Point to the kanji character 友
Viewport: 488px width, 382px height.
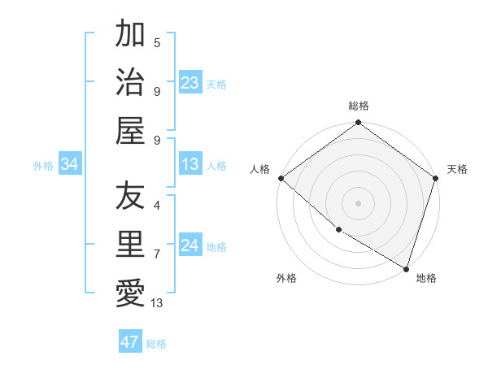pos(130,195)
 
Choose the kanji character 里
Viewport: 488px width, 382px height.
pos(130,244)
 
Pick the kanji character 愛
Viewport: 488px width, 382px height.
pos(130,293)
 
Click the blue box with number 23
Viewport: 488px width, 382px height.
pos(190,82)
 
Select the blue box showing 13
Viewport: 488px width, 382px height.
pos(190,165)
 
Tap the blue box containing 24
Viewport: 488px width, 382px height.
pos(190,246)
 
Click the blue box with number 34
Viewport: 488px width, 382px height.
pos(70,165)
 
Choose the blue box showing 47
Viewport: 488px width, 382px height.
pos(130,342)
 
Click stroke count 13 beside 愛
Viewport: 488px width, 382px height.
pos(156,303)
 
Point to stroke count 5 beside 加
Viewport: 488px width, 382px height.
pos(157,42)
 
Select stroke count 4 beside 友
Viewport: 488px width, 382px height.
pos(157,205)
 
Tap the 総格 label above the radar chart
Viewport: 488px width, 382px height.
pos(358,106)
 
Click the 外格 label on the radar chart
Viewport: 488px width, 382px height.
pos(286,278)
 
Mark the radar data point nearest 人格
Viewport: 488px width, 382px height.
pos(281,178)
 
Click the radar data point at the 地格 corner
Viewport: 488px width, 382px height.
pos(406,267)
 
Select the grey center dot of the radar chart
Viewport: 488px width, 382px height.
pos(358,202)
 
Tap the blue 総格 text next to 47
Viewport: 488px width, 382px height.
pos(156,344)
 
